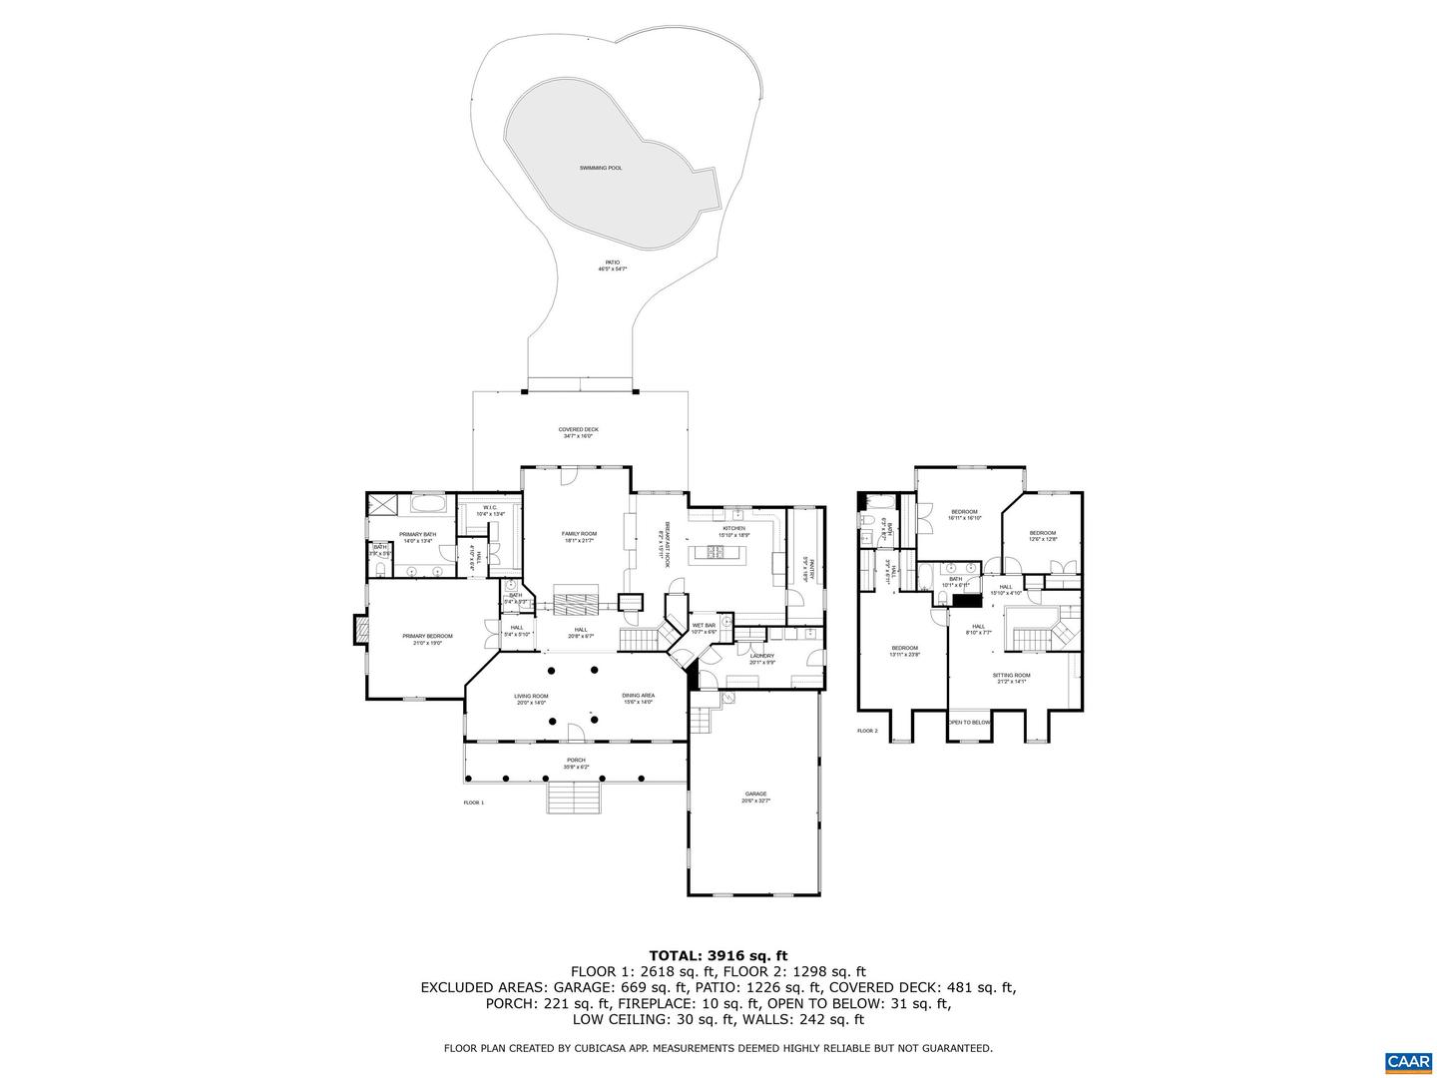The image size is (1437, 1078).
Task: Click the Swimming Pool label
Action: click(600, 168)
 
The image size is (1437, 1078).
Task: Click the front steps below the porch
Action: click(573, 798)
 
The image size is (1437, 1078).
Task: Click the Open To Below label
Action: click(970, 722)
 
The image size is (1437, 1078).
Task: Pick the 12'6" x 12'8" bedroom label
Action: click(1043, 535)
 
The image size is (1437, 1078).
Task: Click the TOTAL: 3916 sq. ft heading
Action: click(718, 956)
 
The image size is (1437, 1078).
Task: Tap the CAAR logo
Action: click(1407, 1060)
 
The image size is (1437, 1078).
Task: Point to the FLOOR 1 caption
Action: click(473, 803)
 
